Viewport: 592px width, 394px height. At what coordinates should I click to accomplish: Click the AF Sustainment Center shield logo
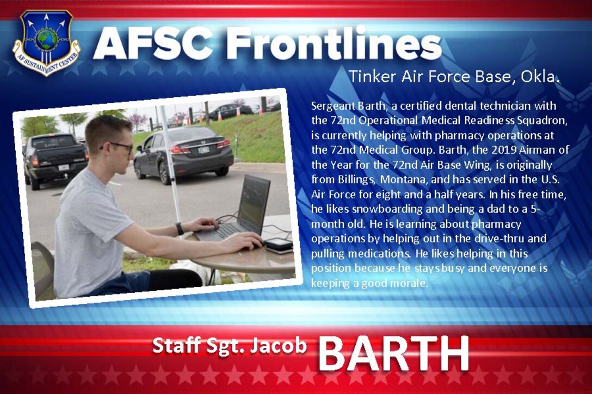46,42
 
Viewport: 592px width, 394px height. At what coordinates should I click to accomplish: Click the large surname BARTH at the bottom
393,353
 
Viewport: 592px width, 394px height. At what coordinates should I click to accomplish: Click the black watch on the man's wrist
180,228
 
